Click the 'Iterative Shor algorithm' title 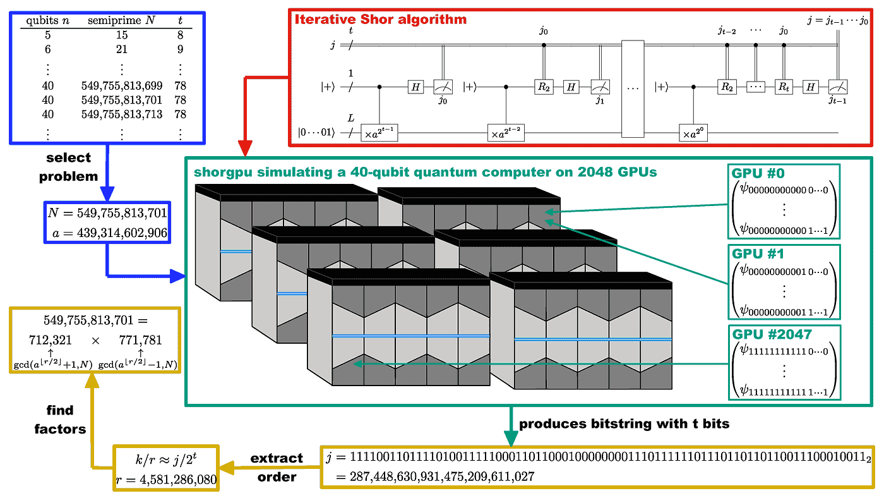(381, 19)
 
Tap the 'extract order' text (277, 467)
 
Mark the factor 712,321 (51, 340)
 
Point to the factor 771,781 (140, 340)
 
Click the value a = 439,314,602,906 (108, 233)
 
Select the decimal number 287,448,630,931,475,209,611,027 (441, 476)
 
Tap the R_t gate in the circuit (784, 87)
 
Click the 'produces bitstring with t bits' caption (624, 424)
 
